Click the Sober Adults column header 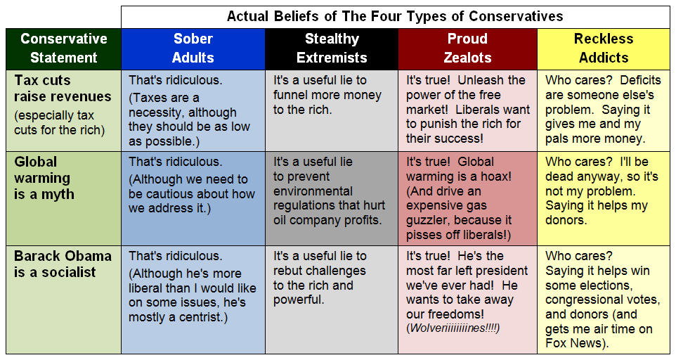coord(193,49)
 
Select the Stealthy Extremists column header coord(332,49)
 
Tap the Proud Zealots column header coord(467,49)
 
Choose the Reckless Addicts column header coord(604,49)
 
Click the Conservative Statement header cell coord(63,49)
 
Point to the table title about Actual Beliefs coord(395,16)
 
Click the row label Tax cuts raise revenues coord(63,89)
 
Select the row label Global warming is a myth coord(44,178)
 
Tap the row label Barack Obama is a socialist coord(63,264)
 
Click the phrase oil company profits coord(327,220)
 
